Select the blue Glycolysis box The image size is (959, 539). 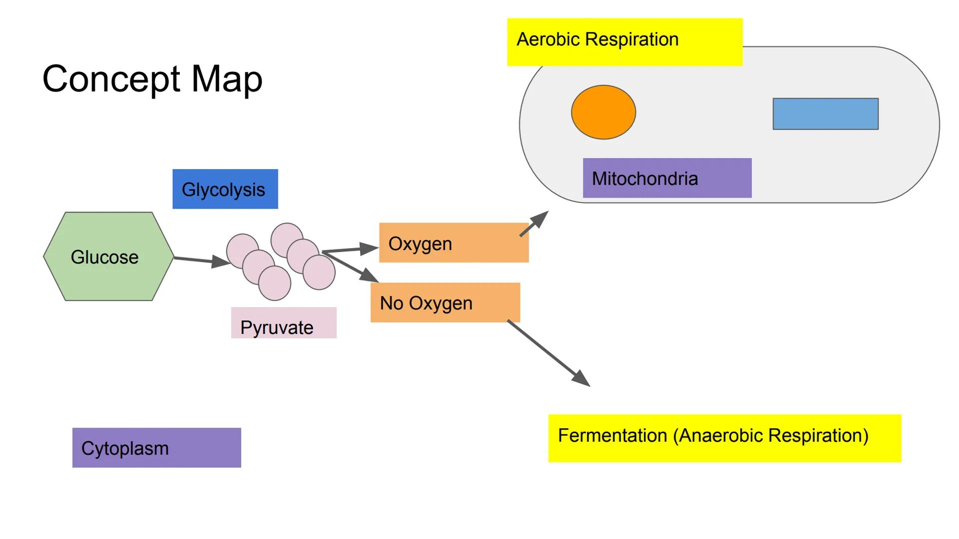click(x=225, y=189)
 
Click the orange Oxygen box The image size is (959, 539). click(x=454, y=243)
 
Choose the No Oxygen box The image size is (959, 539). click(x=445, y=303)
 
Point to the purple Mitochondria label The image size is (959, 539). click(x=667, y=178)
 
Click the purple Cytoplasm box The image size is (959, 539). click(x=156, y=448)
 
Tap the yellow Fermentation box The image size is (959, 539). click(x=724, y=438)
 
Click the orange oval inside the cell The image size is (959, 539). click(x=603, y=112)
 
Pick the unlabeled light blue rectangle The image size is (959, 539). click(x=825, y=114)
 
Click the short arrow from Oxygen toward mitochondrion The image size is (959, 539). click(x=533, y=224)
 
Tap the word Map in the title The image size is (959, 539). click(x=227, y=79)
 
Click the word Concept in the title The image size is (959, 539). click(x=111, y=79)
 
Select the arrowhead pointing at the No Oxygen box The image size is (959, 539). click(x=370, y=275)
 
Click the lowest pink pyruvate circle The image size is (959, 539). click(x=275, y=283)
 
